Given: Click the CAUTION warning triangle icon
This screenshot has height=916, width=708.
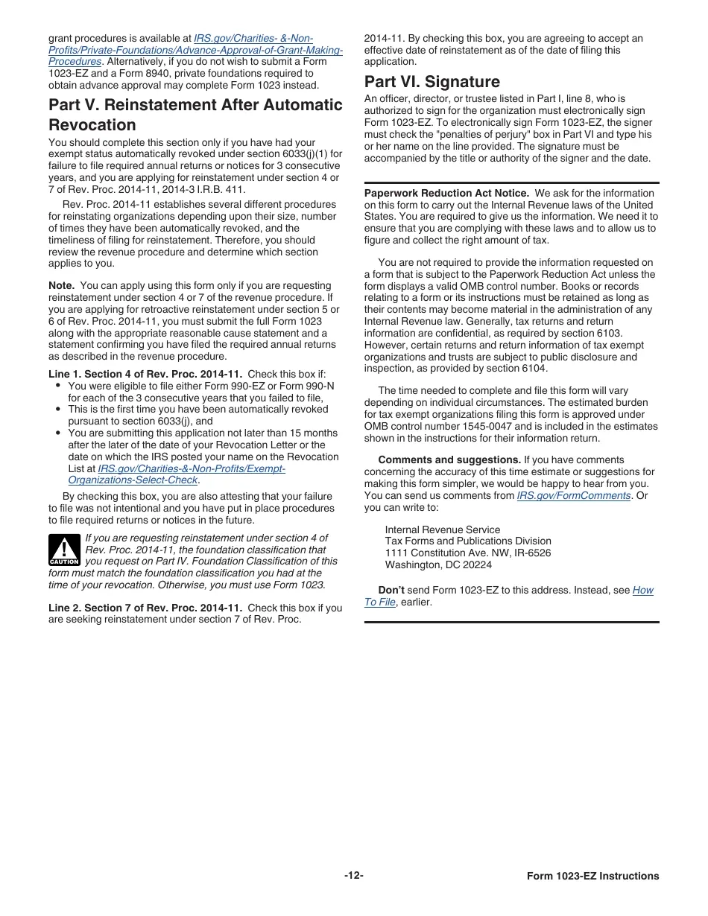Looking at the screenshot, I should [64, 550].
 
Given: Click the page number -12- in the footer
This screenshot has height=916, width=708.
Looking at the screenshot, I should [354, 875].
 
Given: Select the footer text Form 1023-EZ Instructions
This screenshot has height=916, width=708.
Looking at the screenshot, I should [592, 877].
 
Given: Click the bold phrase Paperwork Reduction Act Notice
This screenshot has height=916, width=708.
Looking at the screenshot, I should [446, 194].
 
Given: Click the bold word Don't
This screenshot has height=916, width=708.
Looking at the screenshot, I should [391, 590].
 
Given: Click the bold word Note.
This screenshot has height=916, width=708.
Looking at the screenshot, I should [61, 286].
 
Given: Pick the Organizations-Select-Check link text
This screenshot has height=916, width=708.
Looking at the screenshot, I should [133, 480].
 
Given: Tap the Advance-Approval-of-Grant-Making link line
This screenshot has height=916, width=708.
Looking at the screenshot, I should [195, 51].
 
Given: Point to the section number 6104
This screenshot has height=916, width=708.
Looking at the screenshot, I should [534, 369].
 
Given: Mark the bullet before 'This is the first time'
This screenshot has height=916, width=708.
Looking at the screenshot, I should [58, 410].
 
